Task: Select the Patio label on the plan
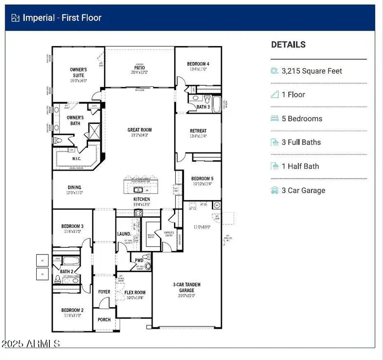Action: pyautogui.click(x=140, y=68)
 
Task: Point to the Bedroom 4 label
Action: pyautogui.click(x=198, y=64)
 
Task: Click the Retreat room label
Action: pyautogui.click(x=198, y=131)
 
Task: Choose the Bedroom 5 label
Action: pyautogui.click(x=202, y=178)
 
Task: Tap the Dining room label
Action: pyautogui.click(x=74, y=187)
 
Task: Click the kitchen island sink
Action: pyautogui.click(x=138, y=189)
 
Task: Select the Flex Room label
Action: pyautogui.click(x=135, y=292)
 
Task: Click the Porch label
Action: pyautogui.click(x=104, y=320)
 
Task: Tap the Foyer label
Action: pyautogui.click(x=104, y=292)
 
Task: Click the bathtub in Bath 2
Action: pyautogui.click(x=71, y=261)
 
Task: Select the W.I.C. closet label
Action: pyautogui.click(x=77, y=159)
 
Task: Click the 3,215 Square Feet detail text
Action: pyautogui.click(x=312, y=71)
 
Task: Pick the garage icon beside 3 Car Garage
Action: pyautogui.click(x=274, y=190)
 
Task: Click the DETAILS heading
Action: pyautogui.click(x=288, y=44)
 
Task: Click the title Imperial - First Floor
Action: pyautogui.click(x=62, y=17)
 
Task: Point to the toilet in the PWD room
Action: pyautogui.click(x=148, y=266)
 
